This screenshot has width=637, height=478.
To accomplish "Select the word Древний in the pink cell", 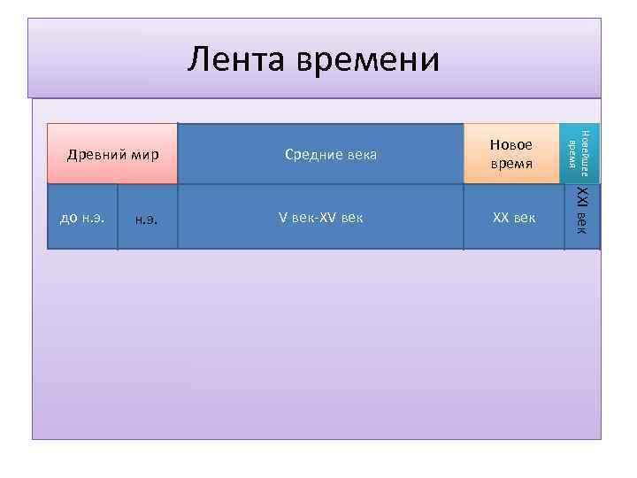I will pos(96,155).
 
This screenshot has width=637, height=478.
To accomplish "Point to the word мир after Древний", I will pos(143,155).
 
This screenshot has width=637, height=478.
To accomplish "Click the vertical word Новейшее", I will pos(584,154).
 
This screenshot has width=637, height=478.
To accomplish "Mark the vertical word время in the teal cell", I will pos(572,154).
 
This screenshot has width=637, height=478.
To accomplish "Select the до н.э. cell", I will pos(82,218).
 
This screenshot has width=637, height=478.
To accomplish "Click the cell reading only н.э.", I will pos(147,219).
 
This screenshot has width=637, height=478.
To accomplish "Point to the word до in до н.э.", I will pos(68,218).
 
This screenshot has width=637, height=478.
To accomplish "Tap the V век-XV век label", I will pos(320,218).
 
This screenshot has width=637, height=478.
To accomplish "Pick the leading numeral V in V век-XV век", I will pos(282,218).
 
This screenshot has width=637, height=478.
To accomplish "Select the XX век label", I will pos(513,218).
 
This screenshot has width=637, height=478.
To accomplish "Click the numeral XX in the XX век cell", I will pos(500,218).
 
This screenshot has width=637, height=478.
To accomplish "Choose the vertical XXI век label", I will pos(581,212).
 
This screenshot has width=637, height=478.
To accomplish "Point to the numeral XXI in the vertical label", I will pos(581,197).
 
